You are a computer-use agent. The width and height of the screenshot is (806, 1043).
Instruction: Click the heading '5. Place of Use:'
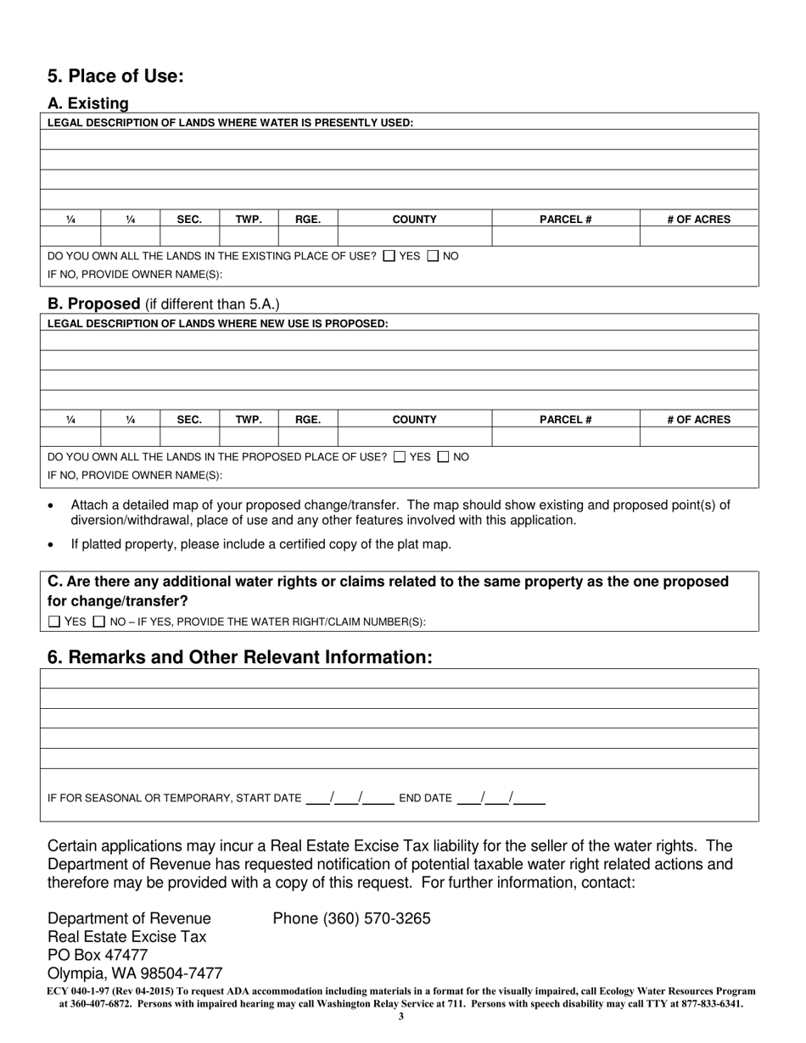coord(115,76)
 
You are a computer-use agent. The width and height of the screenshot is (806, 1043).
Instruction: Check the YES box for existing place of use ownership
coord(389,256)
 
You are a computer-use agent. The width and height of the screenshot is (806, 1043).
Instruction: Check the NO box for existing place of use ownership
coord(433,256)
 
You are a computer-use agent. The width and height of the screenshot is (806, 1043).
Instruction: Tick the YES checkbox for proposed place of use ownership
coord(400,457)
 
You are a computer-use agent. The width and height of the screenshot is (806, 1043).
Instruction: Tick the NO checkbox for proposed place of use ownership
coord(443,457)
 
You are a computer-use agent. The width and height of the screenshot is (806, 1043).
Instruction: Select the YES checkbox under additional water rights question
coord(54,622)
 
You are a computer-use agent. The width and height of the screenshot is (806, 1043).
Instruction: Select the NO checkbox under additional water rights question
coord(99,622)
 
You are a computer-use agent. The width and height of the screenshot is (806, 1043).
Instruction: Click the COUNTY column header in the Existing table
coord(414,220)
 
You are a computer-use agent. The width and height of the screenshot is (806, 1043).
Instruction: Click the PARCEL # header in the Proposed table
coord(565,420)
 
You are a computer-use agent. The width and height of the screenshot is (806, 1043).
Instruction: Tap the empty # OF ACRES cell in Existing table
coord(698,237)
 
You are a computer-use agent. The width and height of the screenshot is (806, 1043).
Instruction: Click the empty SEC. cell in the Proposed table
coord(189,437)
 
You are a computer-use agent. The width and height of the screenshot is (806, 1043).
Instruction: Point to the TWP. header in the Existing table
coord(249,220)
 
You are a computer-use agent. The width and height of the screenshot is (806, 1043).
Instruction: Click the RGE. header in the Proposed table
coord(307,420)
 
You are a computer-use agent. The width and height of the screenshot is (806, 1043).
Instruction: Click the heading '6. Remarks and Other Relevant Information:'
coord(240,657)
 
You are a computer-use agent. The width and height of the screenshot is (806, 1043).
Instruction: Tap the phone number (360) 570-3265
coord(351,918)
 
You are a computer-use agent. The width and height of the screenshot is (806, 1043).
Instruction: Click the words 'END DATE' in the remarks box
coord(425,798)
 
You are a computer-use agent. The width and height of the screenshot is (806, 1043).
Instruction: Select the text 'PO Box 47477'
coord(98,955)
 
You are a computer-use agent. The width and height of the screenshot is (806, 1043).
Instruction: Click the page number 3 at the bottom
coord(400,1016)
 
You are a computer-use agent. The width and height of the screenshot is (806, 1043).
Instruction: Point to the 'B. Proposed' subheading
coord(94,304)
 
